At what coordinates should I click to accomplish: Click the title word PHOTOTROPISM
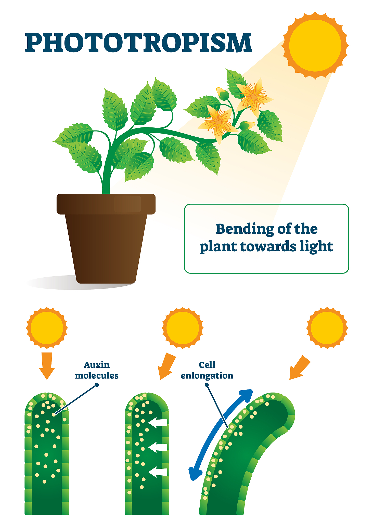139,43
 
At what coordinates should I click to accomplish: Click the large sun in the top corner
315,45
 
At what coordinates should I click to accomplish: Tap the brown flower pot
106,238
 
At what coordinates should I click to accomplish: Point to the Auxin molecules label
97,370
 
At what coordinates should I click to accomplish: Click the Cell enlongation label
207,370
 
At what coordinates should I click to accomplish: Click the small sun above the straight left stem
47,328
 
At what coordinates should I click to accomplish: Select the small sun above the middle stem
183,328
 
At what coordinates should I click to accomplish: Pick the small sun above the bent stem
327,328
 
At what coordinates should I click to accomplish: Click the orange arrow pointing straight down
47,366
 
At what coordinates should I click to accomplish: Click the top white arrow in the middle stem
158,423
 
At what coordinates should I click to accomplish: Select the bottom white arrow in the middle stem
158,472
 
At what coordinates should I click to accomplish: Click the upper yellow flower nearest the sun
254,97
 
